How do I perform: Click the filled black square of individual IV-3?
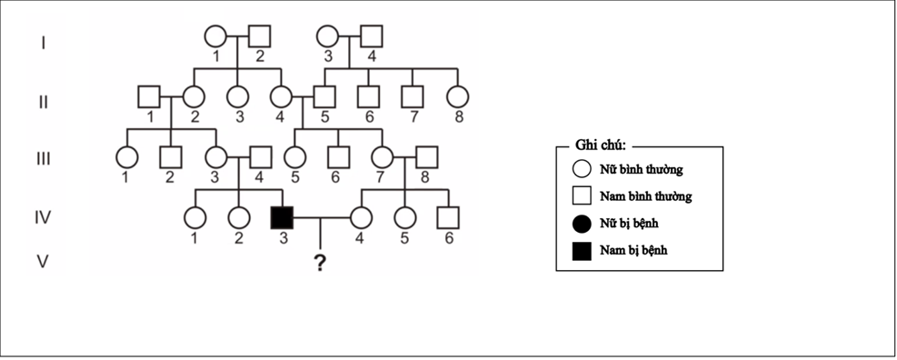pyautogui.click(x=282, y=217)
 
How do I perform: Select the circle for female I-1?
pyautogui.click(x=214, y=36)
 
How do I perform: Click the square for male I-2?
pyautogui.click(x=259, y=36)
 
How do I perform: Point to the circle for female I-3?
pyautogui.click(x=327, y=36)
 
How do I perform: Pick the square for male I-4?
pyautogui.click(x=371, y=36)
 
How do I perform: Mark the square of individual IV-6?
pyautogui.click(x=447, y=217)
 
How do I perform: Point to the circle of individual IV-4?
pyautogui.click(x=361, y=217)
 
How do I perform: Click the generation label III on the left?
pyautogui.click(x=43, y=158)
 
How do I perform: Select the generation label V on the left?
pyautogui.click(x=42, y=262)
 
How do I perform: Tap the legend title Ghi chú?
pyautogui.click(x=601, y=146)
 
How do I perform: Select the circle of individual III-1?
pyautogui.click(x=126, y=157)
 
